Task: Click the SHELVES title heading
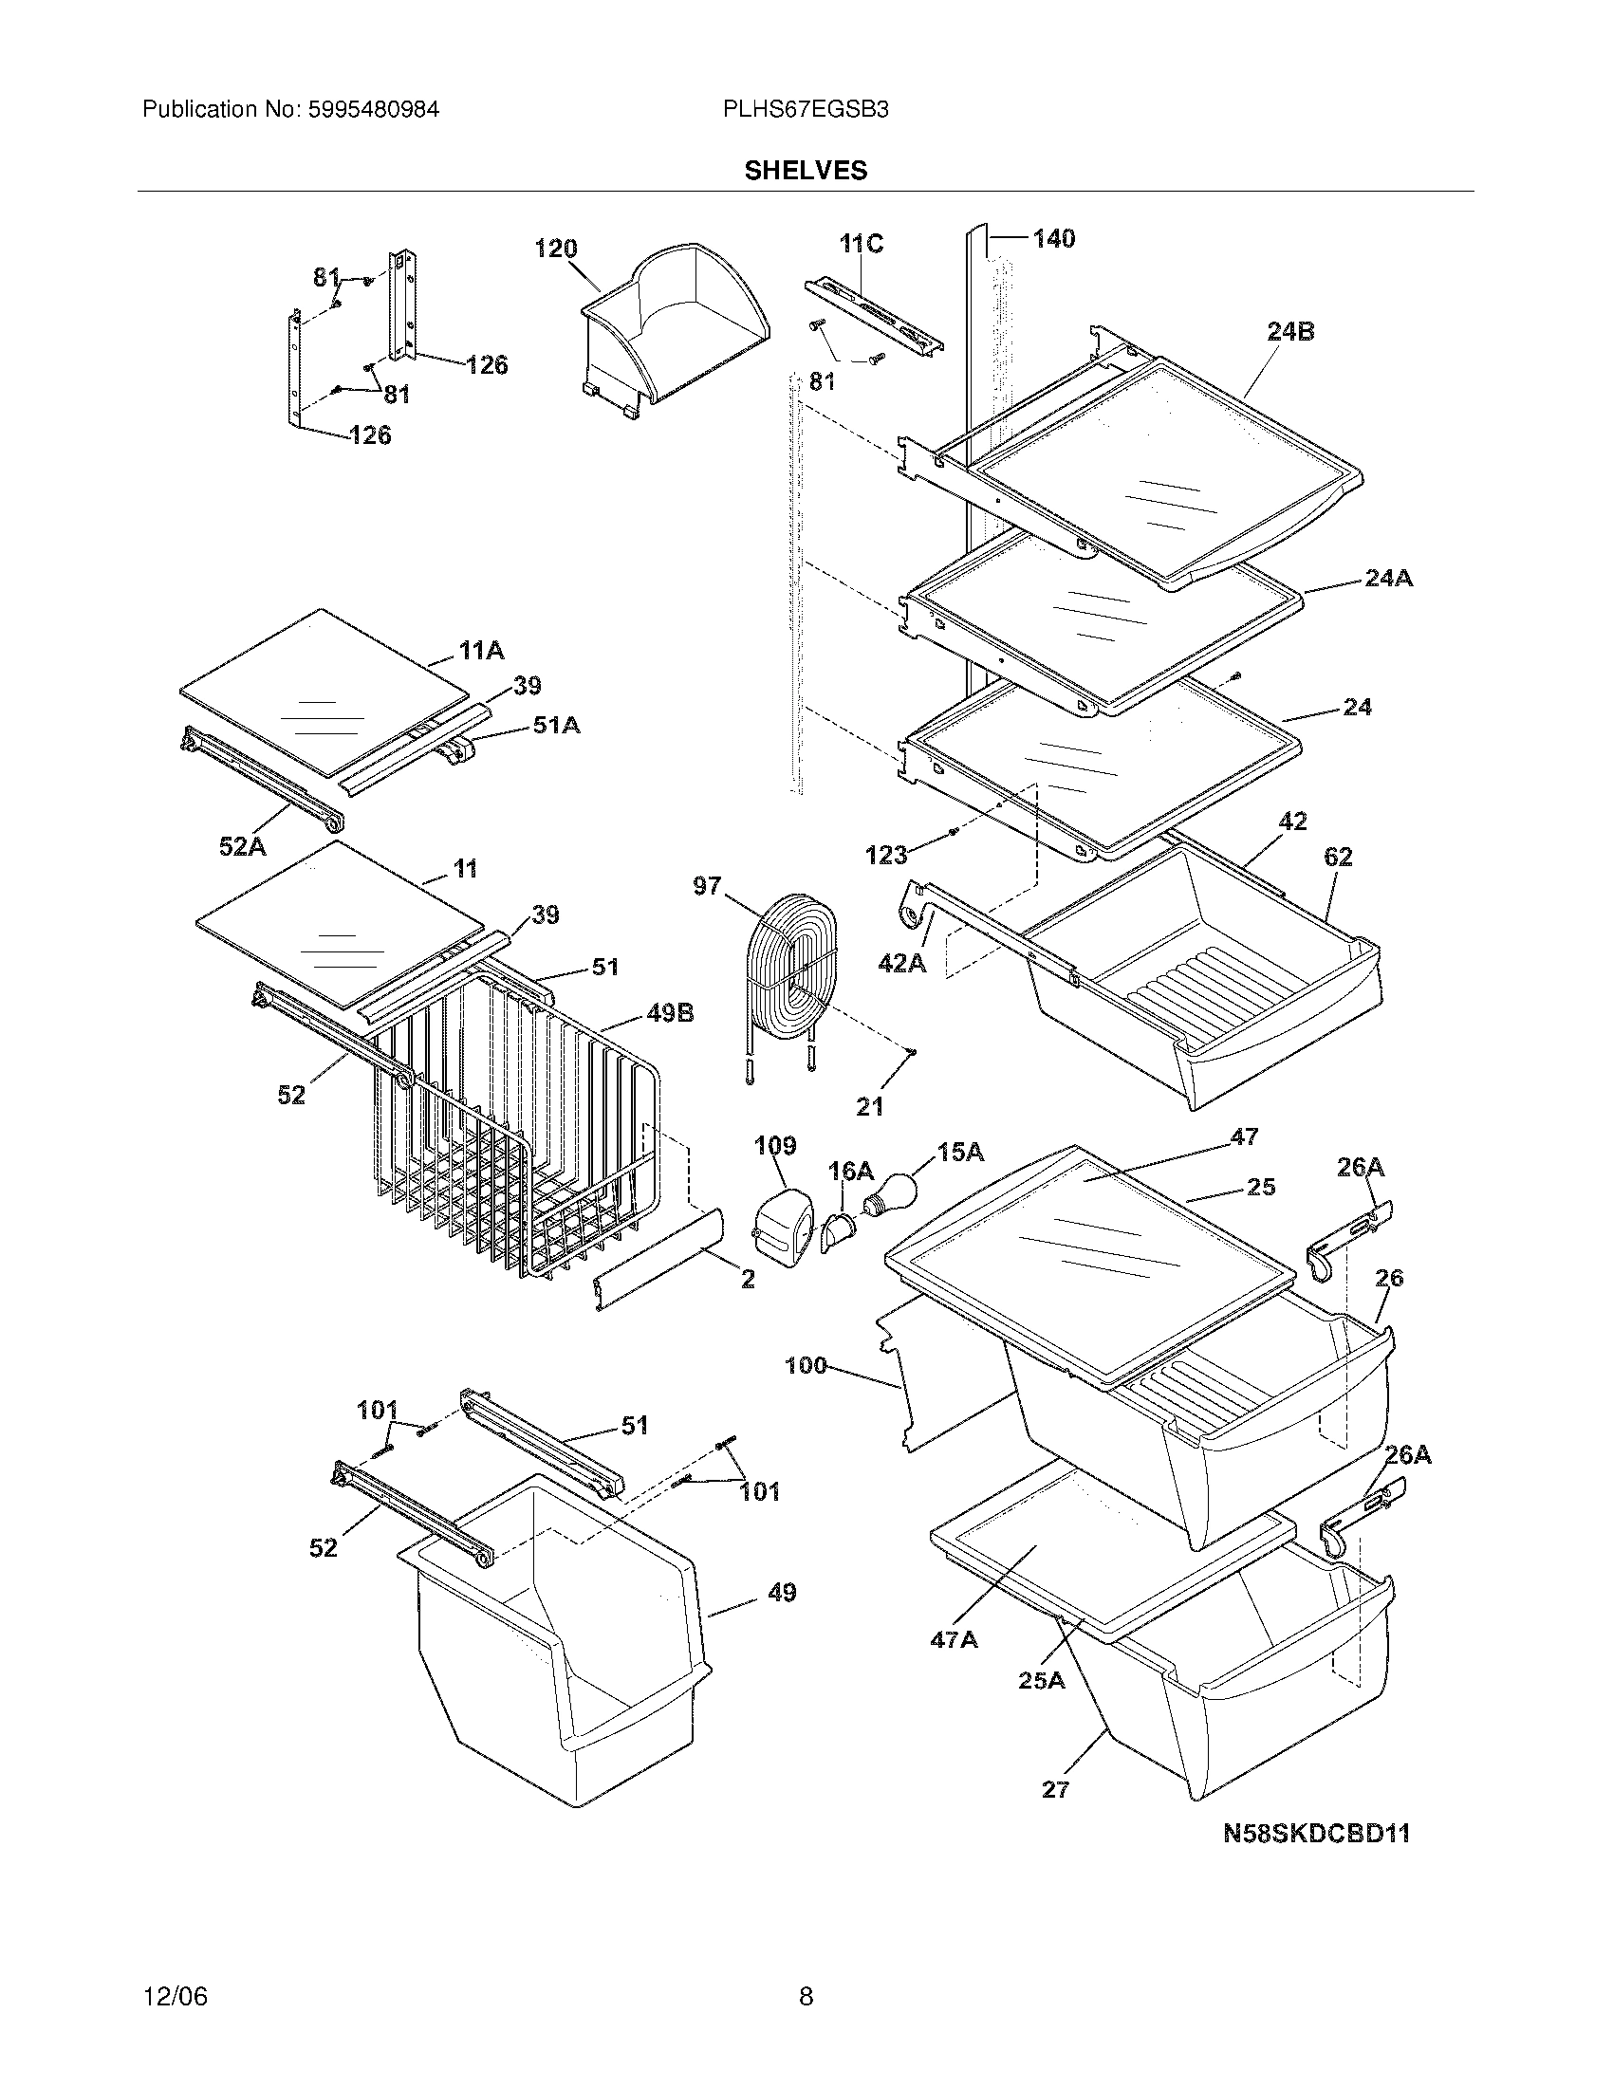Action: (806, 170)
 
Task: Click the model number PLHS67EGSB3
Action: (806, 109)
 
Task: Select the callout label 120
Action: (555, 249)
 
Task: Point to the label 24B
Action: (1290, 332)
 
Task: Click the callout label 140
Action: (1052, 238)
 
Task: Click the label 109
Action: (775, 1145)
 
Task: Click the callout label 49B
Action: (670, 1013)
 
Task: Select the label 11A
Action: (481, 651)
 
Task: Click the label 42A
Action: (902, 964)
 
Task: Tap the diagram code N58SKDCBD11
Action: (1316, 1833)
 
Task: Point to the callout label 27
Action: (1055, 1789)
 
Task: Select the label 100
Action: (806, 1365)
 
